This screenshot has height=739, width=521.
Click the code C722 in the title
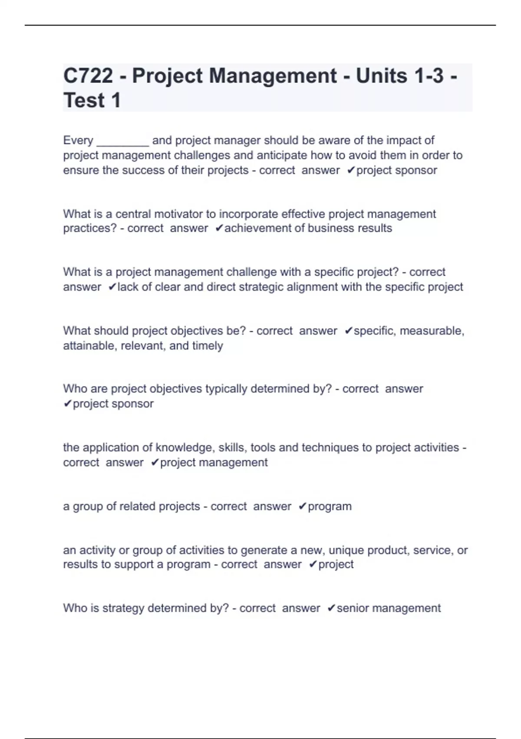pos(88,76)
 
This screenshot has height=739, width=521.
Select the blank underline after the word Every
pos(123,141)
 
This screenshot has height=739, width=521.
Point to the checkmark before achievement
pos(219,228)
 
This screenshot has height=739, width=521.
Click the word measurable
pos(432,331)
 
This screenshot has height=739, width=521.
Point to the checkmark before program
pos(303,506)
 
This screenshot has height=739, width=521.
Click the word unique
pos(346,550)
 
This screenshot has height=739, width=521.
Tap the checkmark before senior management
pos(331,608)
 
